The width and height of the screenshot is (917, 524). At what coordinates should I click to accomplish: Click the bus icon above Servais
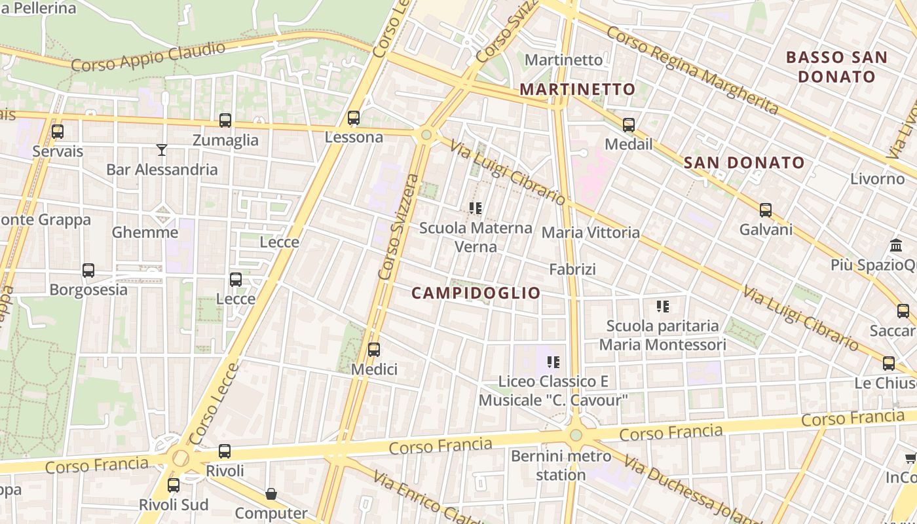tap(58, 132)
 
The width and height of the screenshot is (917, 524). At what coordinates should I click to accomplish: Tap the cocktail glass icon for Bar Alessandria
tap(162, 150)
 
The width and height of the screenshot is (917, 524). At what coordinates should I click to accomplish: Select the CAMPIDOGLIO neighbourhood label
tap(476, 293)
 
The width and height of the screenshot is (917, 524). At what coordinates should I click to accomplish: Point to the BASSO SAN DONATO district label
tap(836, 67)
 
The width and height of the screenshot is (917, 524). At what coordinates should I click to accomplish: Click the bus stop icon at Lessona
tap(354, 118)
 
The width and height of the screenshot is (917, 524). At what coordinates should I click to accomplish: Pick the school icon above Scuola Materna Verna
tap(476, 208)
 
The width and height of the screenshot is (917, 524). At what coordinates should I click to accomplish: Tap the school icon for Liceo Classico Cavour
tap(553, 362)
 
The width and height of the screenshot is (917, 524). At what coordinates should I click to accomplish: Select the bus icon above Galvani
tap(766, 210)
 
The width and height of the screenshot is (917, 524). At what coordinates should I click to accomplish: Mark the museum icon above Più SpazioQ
tap(896, 246)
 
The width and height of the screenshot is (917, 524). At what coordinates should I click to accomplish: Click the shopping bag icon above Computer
tap(271, 494)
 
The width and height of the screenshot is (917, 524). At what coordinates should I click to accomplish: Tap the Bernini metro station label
tap(561, 465)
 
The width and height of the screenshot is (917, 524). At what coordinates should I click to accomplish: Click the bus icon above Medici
tap(374, 350)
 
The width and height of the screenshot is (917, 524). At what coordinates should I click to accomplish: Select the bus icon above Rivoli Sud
tap(174, 485)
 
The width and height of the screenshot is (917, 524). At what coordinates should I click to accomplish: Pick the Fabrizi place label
tap(572, 269)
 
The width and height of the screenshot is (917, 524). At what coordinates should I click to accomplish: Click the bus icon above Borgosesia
tap(88, 270)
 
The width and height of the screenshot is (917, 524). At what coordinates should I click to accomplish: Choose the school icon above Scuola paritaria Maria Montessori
tap(663, 306)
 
